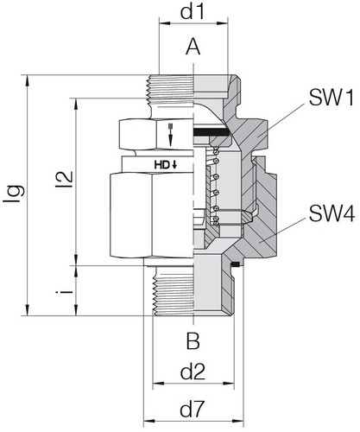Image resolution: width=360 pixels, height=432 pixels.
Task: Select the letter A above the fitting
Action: (x=193, y=50)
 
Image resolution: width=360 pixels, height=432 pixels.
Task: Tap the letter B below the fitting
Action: (x=193, y=338)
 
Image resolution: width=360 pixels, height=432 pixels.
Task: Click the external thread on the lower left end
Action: (x=173, y=294)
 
